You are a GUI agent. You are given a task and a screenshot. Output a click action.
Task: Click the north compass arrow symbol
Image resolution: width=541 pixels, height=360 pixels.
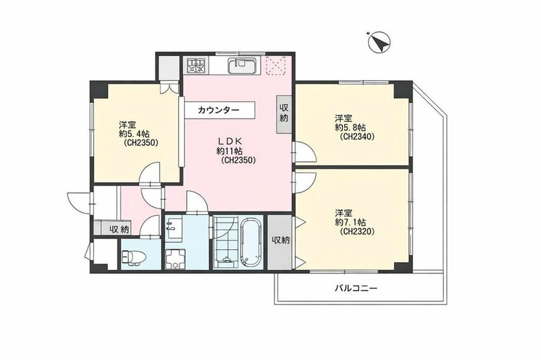pos(379,42)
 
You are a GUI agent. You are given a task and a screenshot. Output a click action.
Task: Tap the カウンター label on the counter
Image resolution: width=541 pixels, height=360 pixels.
pos(219,110)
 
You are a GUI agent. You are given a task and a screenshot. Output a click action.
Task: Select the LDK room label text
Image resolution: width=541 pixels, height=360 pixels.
pos(230,141)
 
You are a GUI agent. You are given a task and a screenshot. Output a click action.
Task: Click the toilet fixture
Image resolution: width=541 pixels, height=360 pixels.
pos(133,257)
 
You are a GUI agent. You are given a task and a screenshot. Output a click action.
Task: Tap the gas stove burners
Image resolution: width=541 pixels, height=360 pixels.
pos(196,65)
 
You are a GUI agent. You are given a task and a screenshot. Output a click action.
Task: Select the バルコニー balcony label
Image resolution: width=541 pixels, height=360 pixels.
pos(356,288)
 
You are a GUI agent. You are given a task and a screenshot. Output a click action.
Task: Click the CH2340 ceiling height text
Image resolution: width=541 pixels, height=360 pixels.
pos(357,137)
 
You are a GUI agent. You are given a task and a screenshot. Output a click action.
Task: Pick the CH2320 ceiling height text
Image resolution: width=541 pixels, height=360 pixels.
pos(357,232)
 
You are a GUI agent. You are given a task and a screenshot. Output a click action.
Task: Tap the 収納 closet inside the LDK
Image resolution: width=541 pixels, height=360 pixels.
pos(284,114)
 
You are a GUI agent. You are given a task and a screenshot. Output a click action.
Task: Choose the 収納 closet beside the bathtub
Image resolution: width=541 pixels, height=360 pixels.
pos(280,241)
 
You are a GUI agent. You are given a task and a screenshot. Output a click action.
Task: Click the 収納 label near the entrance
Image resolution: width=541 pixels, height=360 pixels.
pos(120,229)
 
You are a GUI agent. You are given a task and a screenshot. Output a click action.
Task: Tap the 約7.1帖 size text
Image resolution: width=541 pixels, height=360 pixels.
pos(351,222)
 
